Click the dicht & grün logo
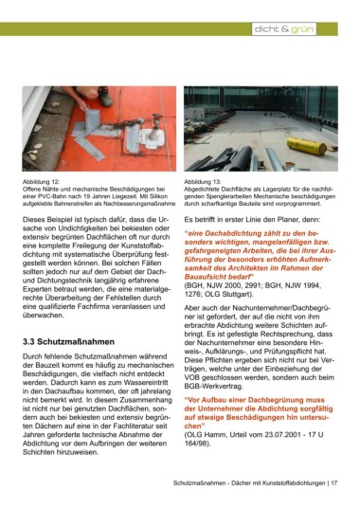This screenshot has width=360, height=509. point(284,29)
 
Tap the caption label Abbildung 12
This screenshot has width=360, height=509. point(41,182)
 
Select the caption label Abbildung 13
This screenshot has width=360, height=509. point(203,182)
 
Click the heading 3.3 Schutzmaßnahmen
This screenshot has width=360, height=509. point(68,342)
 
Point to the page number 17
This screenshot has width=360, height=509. point(333,483)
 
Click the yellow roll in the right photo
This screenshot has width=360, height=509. point(307,146)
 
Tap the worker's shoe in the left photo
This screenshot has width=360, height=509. point(105,97)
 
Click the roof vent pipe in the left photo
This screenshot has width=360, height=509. point(155,127)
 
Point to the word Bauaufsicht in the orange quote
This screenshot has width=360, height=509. point(206,277)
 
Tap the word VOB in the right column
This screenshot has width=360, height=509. point(192,378)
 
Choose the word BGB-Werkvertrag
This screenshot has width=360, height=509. point(213,387)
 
